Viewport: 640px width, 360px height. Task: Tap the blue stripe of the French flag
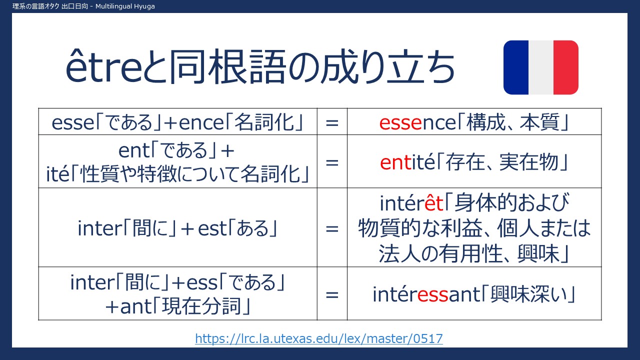point(516,67)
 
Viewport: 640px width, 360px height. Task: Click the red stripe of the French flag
point(566,67)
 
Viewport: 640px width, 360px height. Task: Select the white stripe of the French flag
point(541,67)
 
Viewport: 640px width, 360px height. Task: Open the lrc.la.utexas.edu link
point(319,338)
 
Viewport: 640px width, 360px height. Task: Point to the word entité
point(407,162)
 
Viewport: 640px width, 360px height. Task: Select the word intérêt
point(411,203)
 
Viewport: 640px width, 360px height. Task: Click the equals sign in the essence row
point(332,123)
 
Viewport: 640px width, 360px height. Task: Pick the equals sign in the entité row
point(332,163)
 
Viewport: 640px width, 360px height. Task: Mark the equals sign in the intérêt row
point(332,229)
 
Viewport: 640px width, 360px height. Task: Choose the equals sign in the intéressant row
point(332,295)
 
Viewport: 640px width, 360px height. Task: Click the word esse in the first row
point(73,123)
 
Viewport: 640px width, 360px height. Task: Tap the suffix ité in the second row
point(57,174)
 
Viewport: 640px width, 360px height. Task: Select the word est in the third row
point(212,228)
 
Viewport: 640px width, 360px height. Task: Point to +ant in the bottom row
point(128,306)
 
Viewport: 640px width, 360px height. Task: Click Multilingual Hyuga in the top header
point(125,6)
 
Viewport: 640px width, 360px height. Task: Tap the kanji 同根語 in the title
point(227,66)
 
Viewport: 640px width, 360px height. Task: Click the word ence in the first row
point(201,123)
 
